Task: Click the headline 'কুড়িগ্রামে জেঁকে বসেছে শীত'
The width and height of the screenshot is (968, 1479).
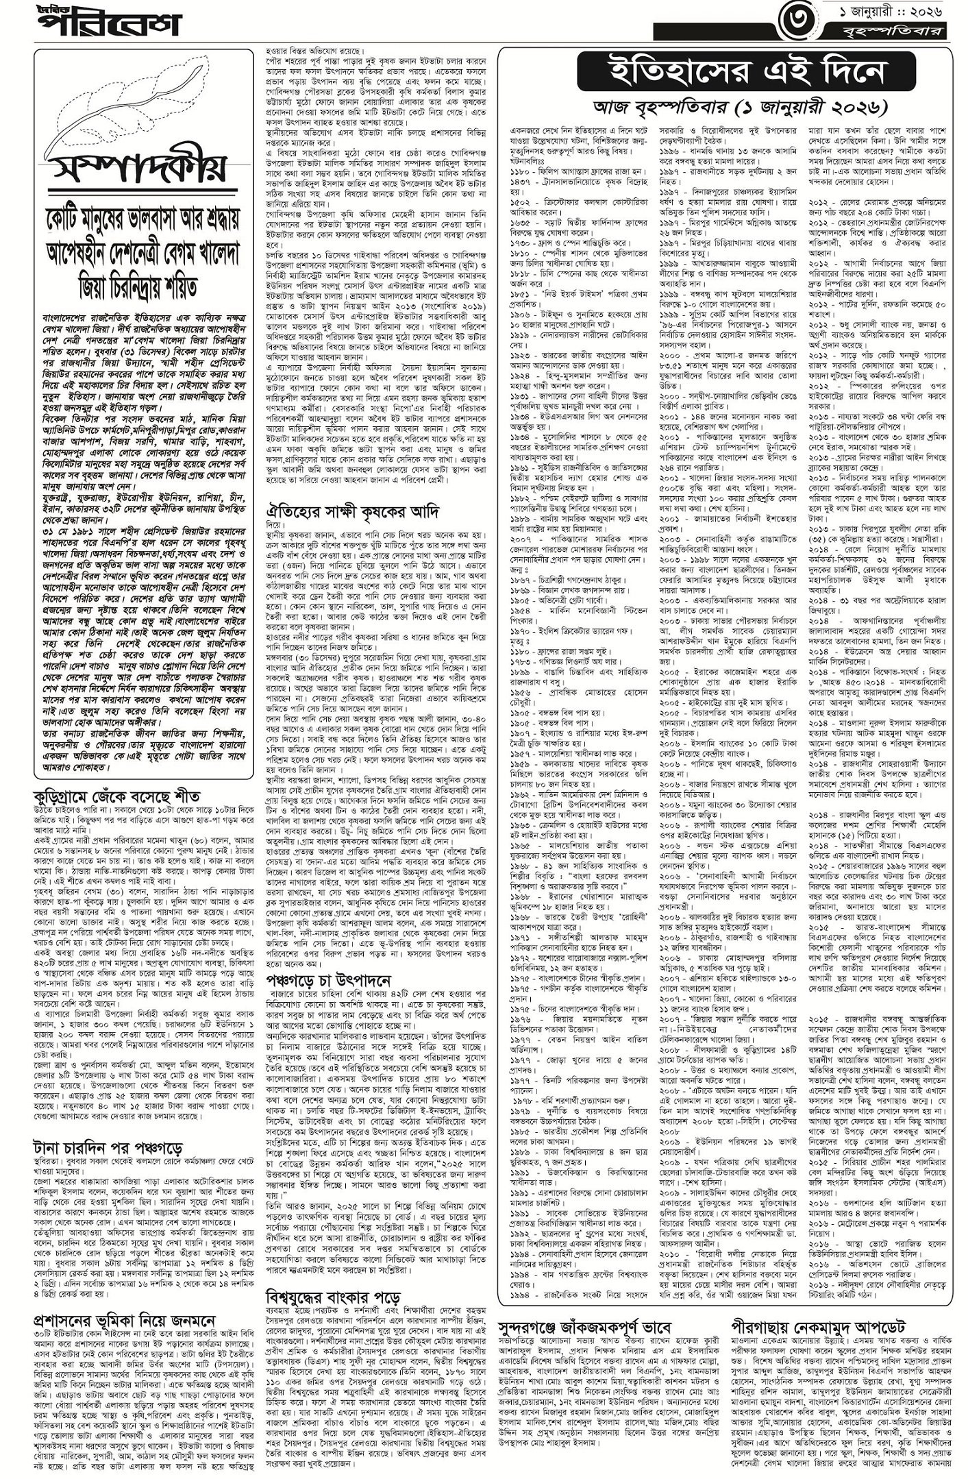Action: [116, 796]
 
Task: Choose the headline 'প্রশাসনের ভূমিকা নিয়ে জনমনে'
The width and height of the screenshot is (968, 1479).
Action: [125, 1319]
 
